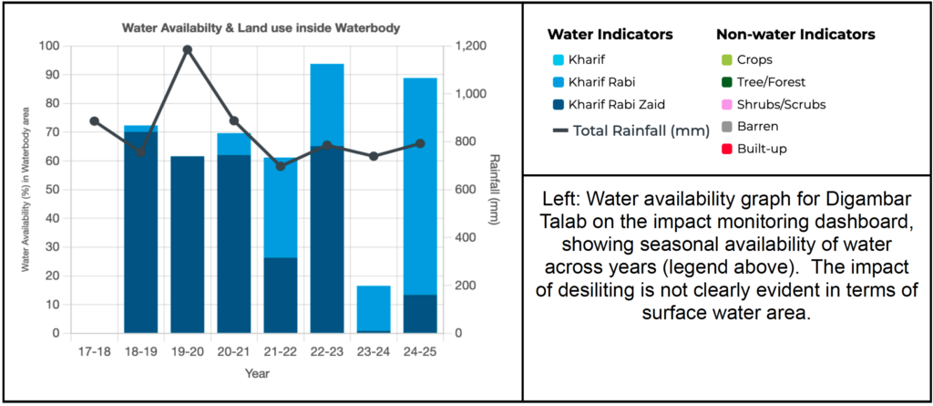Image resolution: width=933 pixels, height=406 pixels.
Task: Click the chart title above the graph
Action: (261, 28)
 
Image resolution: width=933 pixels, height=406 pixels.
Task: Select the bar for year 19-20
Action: (188, 245)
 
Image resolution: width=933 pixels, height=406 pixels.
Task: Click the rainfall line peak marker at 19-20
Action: (188, 49)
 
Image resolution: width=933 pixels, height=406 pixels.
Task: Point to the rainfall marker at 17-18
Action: (94, 121)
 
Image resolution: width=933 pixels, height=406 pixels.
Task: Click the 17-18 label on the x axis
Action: (94, 350)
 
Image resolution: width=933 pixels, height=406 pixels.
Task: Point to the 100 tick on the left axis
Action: (47, 46)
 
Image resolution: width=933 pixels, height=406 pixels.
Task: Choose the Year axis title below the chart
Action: (258, 373)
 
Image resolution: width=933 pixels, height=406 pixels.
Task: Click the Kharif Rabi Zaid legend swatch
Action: (559, 104)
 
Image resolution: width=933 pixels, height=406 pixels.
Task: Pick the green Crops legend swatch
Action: (726, 60)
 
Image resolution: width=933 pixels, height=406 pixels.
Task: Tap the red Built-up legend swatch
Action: (726, 148)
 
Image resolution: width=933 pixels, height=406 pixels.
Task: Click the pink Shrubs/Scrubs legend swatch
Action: (726, 104)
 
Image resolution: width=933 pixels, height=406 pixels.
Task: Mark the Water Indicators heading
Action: (610, 35)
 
